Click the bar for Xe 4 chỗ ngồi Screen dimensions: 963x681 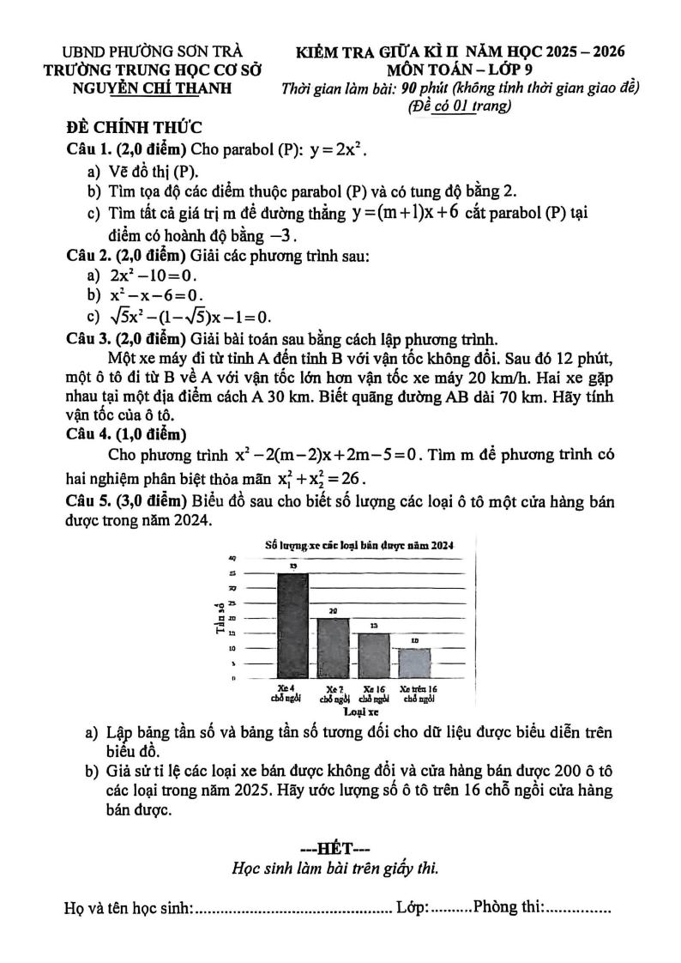coord(292,627)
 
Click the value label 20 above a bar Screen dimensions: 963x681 coord(333,610)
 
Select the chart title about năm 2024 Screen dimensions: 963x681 coord(359,545)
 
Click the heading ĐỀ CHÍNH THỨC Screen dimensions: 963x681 coord(134,128)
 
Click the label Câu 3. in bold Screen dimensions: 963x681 coord(90,337)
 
